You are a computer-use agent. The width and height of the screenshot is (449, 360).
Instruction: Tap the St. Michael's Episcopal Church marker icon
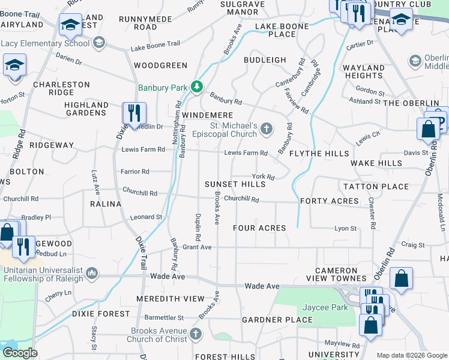tap(267, 128)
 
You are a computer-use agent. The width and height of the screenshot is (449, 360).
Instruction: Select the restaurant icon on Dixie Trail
tap(133, 113)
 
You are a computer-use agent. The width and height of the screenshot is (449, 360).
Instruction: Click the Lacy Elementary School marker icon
tap(98, 43)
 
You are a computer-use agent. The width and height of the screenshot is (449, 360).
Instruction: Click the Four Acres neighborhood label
tap(259, 228)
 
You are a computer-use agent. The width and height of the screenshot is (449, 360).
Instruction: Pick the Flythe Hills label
tap(319, 154)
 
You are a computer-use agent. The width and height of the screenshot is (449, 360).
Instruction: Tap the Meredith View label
tap(170, 298)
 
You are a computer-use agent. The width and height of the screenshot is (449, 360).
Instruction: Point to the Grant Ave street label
tap(197, 247)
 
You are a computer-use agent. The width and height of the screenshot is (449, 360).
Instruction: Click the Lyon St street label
tap(345, 229)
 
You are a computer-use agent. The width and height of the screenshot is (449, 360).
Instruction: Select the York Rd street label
tap(263, 177)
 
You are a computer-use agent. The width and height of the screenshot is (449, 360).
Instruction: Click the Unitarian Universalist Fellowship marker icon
tap(91, 274)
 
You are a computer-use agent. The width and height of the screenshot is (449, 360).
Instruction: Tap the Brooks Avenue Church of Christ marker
tap(196, 333)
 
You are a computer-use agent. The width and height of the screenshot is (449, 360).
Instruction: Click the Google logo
tap(20, 353)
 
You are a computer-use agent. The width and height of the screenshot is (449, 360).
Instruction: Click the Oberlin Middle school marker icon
tap(415, 61)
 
